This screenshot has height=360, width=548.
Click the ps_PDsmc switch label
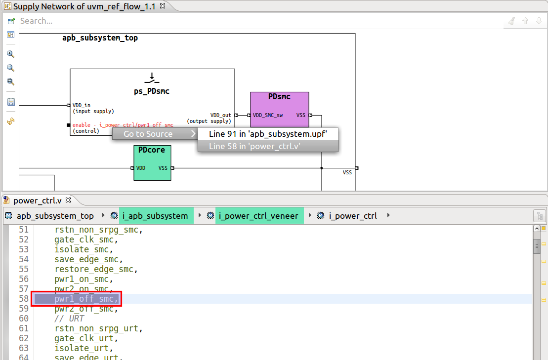[152, 91]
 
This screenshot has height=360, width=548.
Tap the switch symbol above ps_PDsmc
[152, 78]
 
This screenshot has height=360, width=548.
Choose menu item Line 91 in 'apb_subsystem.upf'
[267, 134]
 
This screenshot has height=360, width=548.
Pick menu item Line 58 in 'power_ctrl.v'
[267, 146]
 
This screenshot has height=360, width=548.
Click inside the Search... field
[247, 21]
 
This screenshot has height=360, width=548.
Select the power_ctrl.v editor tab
[37, 200]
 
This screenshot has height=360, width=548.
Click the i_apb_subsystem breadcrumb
[155, 216]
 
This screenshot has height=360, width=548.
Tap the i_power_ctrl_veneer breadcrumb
[258, 216]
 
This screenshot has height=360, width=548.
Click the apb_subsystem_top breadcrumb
[55, 216]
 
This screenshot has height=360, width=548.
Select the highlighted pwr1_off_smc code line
[86, 299]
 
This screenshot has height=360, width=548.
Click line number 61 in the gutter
[24, 328]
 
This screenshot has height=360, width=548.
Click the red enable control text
[123, 125]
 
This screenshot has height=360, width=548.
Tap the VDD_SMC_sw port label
[267, 116]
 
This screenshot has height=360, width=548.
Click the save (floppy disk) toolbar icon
[11, 102]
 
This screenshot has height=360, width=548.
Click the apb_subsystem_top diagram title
[100, 38]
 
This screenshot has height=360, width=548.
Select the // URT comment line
[69, 319]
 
